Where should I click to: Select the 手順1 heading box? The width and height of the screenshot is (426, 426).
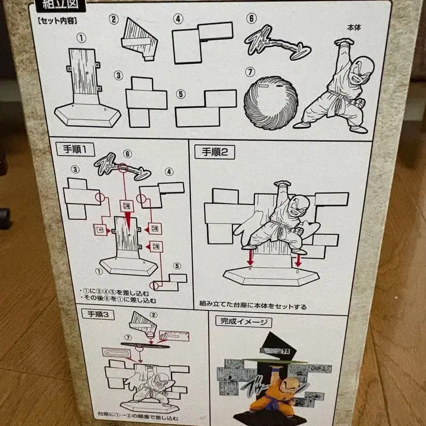(73, 150)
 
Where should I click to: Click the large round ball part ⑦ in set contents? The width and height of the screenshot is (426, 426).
(270, 103)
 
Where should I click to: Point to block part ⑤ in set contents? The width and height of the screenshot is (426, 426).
(206, 108)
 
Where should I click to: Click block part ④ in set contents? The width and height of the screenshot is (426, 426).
(201, 41)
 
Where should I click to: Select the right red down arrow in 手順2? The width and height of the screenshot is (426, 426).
(299, 259)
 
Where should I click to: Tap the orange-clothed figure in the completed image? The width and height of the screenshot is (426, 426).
(275, 395)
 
